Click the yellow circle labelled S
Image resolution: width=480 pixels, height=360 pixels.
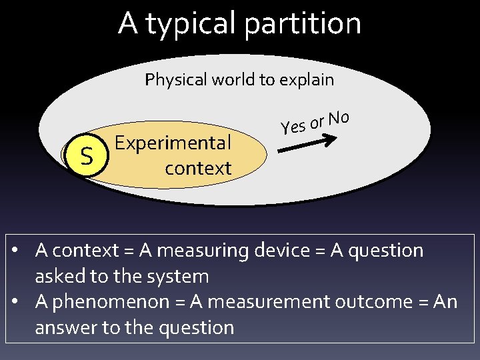[86, 157]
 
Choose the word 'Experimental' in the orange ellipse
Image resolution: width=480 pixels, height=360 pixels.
[173, 143]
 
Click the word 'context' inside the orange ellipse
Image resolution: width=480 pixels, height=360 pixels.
[198, 168]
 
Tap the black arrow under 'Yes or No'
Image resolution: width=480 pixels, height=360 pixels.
[307, 145]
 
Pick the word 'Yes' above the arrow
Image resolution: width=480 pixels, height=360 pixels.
[293, 125]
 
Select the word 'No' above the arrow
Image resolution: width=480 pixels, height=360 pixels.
[339, 118]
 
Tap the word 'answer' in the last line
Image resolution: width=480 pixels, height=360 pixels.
[65, 327]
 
